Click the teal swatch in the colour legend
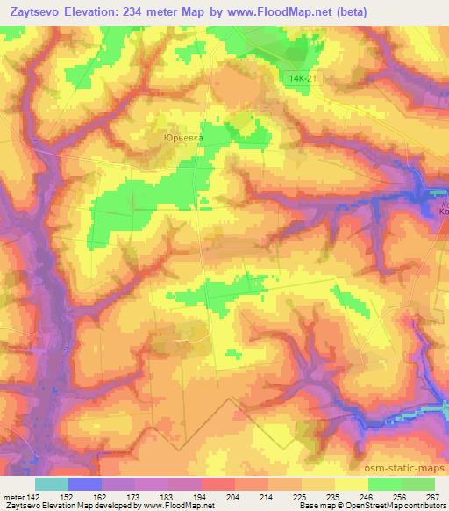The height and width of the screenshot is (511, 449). coord(52,484)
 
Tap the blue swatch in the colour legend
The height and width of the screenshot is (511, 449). coord(85,484)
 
